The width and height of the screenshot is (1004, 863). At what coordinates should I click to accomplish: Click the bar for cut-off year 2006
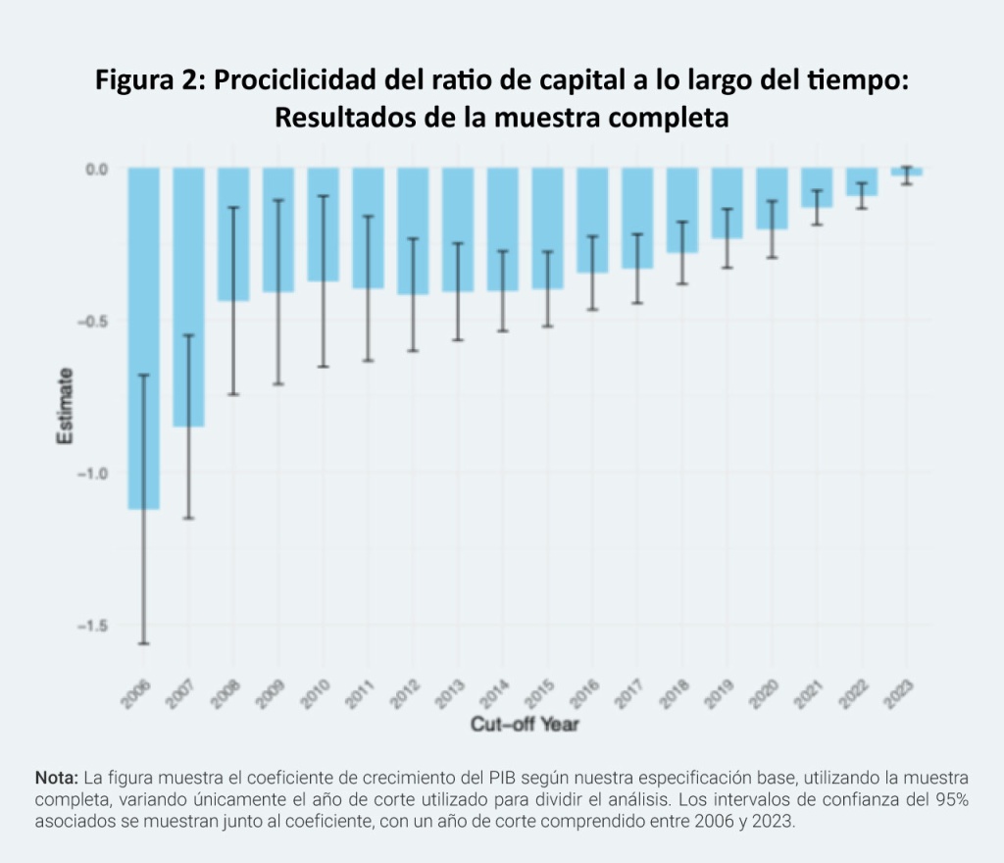(143, 338)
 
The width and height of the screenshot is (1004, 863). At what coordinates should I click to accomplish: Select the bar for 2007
(188, 297)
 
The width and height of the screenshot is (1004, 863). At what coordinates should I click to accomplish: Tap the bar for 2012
(413, 230)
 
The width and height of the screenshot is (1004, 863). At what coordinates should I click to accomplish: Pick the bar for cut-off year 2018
(682, 210)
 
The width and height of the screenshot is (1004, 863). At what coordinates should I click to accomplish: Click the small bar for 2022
(862, 181)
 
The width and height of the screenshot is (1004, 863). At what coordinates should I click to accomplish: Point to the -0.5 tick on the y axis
(94, 322)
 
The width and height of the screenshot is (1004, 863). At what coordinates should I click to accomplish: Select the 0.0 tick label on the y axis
(96, 169)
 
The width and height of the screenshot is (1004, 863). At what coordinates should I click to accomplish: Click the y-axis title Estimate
(65, 406)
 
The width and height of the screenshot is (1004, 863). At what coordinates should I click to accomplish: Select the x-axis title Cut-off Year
(525, 725)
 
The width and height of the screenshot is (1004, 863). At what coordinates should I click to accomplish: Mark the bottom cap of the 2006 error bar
(143, 643)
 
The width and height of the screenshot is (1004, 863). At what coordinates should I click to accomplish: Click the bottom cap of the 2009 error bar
(278, 383)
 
